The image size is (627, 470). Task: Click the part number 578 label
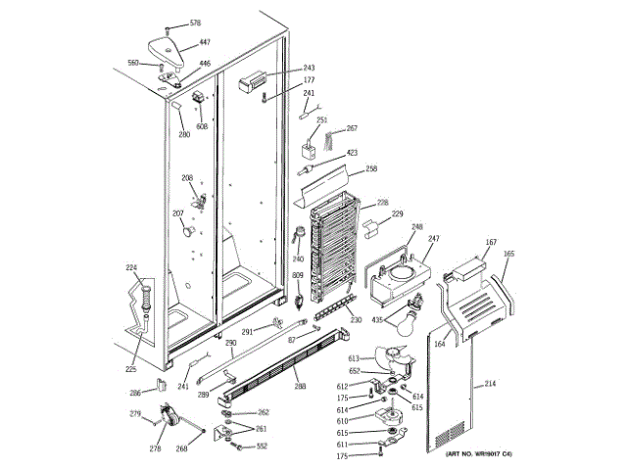[195, 23]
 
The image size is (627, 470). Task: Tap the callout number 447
[205, 42]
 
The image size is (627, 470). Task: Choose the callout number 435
[376, 320]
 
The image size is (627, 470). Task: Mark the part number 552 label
[262, 446]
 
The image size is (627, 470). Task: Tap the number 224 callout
[131, 267]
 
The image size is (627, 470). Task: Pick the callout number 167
[492, 242]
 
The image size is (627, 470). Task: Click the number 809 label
[297, 275]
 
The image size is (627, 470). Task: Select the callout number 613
[380, 358]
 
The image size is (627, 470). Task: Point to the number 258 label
[371, 169]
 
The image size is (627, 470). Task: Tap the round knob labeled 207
[187, 230]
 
